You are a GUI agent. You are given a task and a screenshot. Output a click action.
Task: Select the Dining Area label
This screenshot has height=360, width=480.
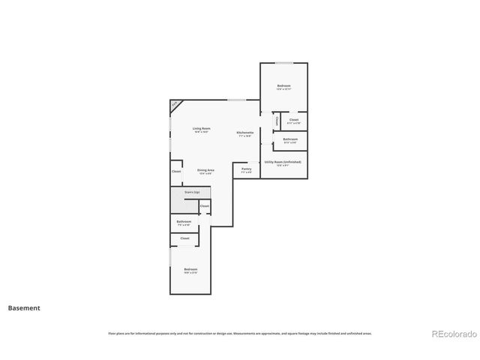point(206,172)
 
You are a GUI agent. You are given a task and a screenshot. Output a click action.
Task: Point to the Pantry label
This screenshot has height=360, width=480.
point(247,170)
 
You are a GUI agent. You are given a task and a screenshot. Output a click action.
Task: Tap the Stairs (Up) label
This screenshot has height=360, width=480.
point(192,192)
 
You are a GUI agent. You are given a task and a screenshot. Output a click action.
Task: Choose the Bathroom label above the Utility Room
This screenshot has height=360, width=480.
point(290,140)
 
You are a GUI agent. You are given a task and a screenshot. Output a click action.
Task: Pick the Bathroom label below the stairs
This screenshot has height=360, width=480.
point(184,222)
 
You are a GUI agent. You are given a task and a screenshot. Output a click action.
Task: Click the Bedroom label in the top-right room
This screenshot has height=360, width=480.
point(283,87)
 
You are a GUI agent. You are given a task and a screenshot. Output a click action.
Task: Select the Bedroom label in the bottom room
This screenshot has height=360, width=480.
point(190,270)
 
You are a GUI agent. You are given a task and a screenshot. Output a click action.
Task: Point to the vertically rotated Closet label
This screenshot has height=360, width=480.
point(277,120)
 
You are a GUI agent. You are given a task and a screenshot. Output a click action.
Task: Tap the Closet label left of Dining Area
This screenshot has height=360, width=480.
point(176,172)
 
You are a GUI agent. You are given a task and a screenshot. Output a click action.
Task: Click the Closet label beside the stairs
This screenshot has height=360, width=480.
point(204,205)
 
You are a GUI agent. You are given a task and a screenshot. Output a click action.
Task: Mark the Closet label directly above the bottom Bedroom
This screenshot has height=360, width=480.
point(184,238)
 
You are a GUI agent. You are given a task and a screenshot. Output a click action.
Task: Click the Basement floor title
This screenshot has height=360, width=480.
point(24,307)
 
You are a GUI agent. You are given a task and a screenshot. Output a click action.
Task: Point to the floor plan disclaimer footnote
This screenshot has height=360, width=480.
point(240,333)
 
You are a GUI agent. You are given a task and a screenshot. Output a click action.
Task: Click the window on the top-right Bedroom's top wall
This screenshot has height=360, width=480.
point(283,63)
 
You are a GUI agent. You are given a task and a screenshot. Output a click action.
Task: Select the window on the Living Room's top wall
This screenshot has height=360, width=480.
point(237,100)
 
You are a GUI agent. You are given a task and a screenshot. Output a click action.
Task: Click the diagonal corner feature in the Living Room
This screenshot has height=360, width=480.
point(175,105)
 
